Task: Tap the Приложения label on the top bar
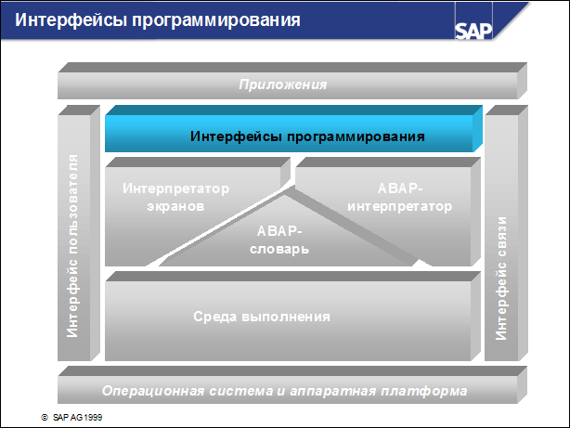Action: point(283,84)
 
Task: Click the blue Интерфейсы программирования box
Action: point(307,136)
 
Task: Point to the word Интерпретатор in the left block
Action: point(175,188)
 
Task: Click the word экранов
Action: point(175,206)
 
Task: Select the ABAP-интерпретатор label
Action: point(399,197)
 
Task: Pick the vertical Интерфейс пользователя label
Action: point(74,246)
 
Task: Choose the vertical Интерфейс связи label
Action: point(501,277)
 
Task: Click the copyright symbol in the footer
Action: point(43,419)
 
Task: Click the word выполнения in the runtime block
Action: point(296,317)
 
